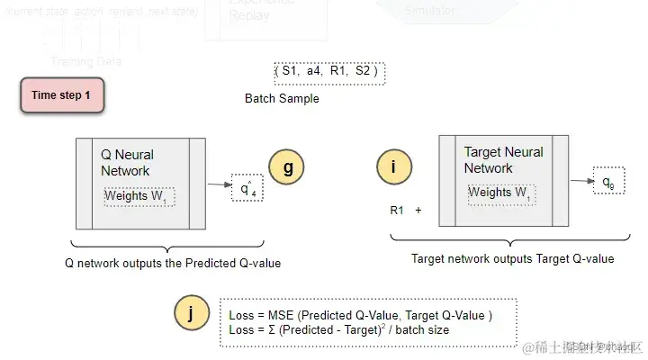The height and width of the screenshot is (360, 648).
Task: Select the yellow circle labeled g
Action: click(x=287, y=167)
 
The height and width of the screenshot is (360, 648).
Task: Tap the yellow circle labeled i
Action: click(x=393, y=167)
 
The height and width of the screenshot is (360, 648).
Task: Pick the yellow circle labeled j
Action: click(x=190, y=313)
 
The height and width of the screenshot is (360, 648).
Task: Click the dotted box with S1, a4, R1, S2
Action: click(x=328, y=70)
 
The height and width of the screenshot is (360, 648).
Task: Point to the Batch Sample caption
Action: click(x=282, y=99)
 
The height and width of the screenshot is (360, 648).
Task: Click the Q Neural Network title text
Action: click(x=126, y=163)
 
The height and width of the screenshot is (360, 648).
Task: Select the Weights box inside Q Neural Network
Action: click(x=139, y=196)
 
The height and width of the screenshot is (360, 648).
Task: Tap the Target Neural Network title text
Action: click(x=503, y=160)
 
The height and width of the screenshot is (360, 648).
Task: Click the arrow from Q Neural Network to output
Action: click(x=217, y=185)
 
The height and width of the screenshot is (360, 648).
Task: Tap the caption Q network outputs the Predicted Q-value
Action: click(x=173, y=264)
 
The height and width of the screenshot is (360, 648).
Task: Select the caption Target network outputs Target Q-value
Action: click(x=513, y=258)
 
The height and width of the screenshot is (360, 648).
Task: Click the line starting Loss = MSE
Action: click(x=361, y=315)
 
